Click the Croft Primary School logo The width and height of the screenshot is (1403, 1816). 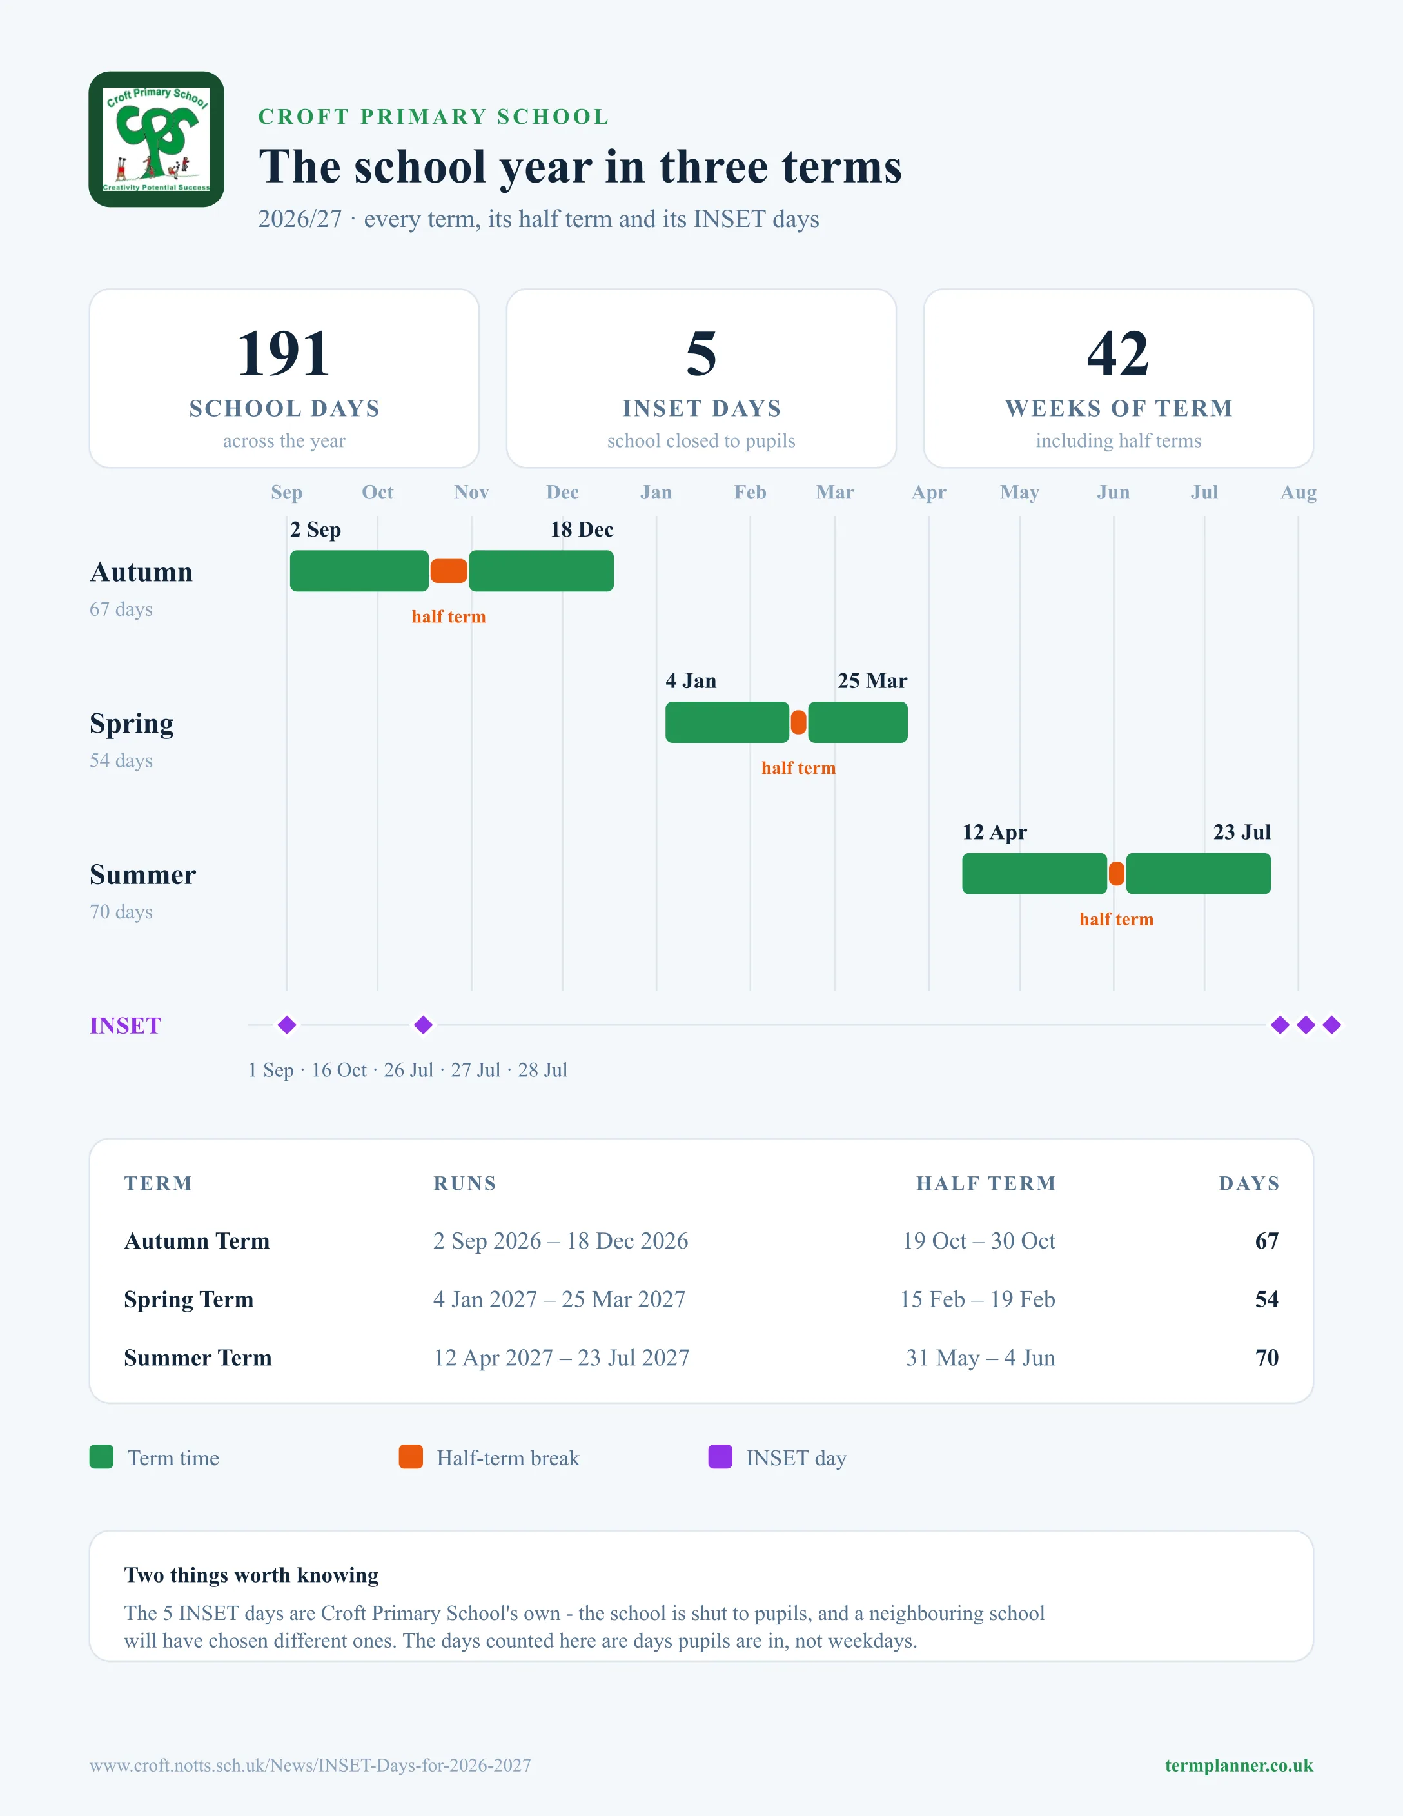pyautogui.click(x=156, y=139)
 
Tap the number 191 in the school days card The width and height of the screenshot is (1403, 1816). pyautogui.click(x=284, y=353)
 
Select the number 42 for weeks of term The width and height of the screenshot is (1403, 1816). pyautogui.click(x=1118, y=353)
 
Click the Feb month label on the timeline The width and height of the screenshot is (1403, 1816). pyautogui.click(x=750, y=492)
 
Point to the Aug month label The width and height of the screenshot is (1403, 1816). pyautogui.click(x=1299, y=492)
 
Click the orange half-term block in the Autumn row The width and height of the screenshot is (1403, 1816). pyautogui.click(x=449, y=571)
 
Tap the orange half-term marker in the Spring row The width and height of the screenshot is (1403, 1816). pyautogui.click(x=798, y=722)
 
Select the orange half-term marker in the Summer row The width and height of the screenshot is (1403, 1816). pyautogui.click(x=1116, y=874)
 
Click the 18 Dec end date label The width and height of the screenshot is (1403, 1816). pyautogui.click(x=582, y=529)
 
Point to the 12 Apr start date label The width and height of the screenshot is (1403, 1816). pyautogui.click(x=995, y=833)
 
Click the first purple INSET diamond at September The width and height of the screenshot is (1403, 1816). pyautogui.click(x=287, y=1025)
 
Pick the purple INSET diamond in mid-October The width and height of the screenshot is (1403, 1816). pyautogui.click(x=423, y=1025)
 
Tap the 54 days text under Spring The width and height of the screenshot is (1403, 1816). pyautogui.click(x=121, y=761)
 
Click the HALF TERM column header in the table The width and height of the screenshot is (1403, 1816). pyautogui.click(x=986, y=1183)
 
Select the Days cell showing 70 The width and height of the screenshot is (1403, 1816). pyautogui.click(x=1267, y=1358)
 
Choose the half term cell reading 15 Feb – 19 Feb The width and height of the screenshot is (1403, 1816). pyautogui.click(x=977, y=1299)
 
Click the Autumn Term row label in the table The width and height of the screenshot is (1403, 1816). pyautogui.click(x=197, y=1241)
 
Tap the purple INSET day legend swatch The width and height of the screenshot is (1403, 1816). pyautogui.click(x=720, y=1457)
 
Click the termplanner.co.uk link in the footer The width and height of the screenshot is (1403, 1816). pyautogui.click(x=1239, y=1765)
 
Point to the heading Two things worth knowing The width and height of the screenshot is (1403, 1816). pyautogui.click(x=251, y=1575)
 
